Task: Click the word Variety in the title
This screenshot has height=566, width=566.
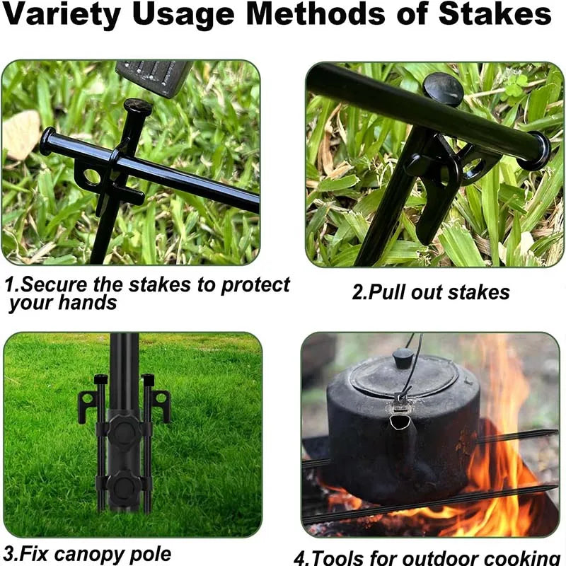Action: click(x=62, y=14)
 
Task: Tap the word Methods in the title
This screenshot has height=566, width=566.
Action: click(x=316, y=13)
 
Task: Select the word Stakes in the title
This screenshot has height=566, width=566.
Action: click(x=495, y=13)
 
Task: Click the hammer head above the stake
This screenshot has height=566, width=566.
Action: click(x=154, y=78)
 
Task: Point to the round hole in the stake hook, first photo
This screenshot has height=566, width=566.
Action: click(x=91, y=176)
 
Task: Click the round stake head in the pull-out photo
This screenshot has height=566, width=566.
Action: click(x=444, y=89)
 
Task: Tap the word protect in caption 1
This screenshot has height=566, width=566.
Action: click(x=255, y=285)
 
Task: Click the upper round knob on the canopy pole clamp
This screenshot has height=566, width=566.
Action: click(x=122, y=432)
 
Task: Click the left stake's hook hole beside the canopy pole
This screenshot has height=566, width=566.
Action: click(x=86, y=399)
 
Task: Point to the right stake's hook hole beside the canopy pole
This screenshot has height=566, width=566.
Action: click(x=161, y=398)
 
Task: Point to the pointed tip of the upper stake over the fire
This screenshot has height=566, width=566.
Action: click(x=556, y=432)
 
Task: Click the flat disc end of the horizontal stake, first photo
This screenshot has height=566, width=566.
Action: click(x=47, y=141)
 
